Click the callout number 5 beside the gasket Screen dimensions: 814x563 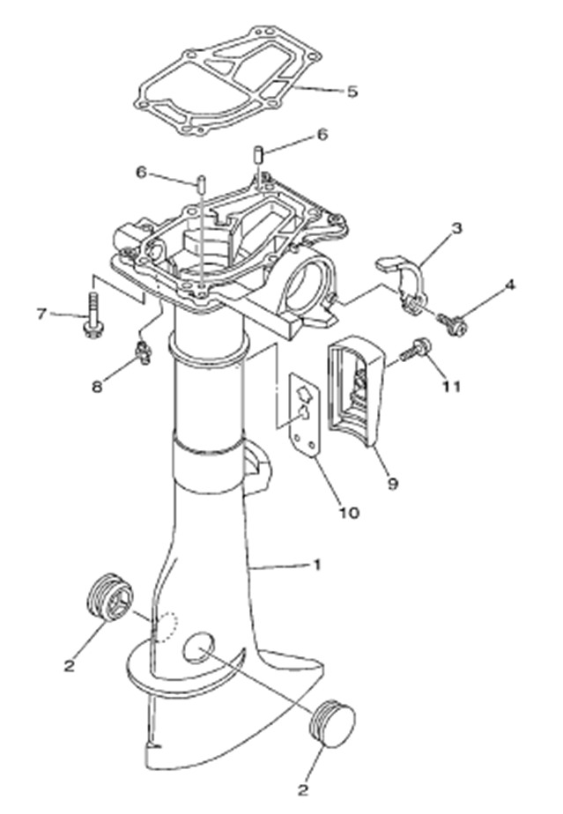352,92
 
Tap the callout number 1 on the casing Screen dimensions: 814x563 317,565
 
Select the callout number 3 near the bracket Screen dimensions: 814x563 456,229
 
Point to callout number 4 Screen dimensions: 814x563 510,286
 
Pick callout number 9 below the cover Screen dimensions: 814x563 392,483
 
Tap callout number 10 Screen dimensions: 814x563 349,512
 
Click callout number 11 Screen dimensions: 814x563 451,385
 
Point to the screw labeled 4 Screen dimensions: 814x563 452,325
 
